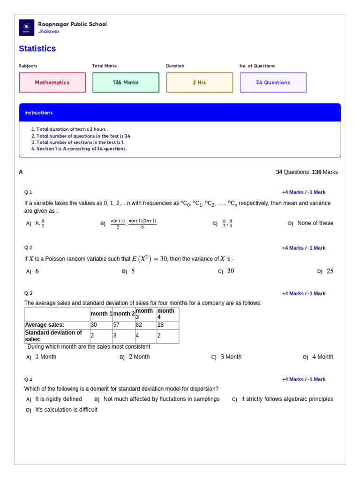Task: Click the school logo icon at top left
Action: click(x=26, y=28)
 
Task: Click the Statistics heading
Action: click(x=37, y=49)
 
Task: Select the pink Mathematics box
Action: click(x=52, y=82)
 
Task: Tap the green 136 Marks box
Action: click(x=126, y=82)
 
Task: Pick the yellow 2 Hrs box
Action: click(x=199, y=82)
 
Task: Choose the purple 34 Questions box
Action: click(x=273, y=82)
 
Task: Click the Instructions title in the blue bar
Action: click(x=38, y=113)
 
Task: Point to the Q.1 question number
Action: click(x=28, y=192)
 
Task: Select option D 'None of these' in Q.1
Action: click(x=315, y=223)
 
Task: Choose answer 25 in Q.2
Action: click(x=330, y=271)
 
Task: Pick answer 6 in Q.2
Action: click(x=37, y=271)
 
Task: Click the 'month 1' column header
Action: click(x=101, y=314)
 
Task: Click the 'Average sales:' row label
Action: click(x=45, y=325)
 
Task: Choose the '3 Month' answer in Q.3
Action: click(x=231, y=357)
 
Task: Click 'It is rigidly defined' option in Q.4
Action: click(x=59, y=399)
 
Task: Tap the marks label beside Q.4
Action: click(x=303, y=380)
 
